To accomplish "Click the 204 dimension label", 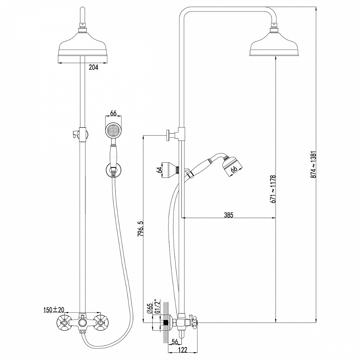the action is [x=94, y=67].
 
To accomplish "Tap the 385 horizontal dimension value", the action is [x=229, y=215].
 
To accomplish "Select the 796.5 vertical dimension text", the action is [x=140, y=229].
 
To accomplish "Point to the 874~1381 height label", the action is [x=314, y=165].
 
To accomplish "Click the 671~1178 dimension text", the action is [x=273, y=189].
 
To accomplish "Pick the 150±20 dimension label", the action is [x=54, y=310].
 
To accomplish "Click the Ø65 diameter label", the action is [x=150, y=309].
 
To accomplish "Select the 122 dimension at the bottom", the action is [x=183, y=350].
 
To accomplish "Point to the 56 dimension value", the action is [x=175, y=342].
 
